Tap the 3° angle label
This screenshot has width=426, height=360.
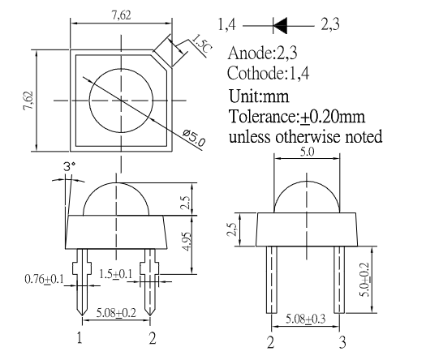(x=70, y=166)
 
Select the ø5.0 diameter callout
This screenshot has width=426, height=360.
(x=194, y=139)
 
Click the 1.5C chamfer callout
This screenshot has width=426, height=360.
(x=201, y=44)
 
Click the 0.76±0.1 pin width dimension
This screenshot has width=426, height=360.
(x=44, y=279)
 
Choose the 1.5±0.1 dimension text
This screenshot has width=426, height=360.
(x=116, y=274)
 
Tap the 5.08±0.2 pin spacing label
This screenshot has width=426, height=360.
(x=116, y=313)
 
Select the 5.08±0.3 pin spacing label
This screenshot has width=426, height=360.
(x=305, y=319)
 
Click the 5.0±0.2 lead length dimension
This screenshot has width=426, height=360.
(x=364, y=280)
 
